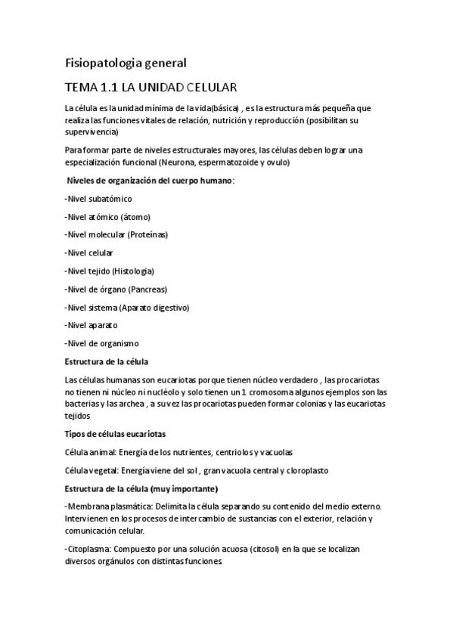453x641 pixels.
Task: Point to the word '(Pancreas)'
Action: coord(148,290)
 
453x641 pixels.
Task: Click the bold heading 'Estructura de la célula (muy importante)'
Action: coord(142,488)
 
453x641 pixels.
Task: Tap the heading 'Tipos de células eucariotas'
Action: coord(116,434)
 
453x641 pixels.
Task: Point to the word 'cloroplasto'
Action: coord(304,470)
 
